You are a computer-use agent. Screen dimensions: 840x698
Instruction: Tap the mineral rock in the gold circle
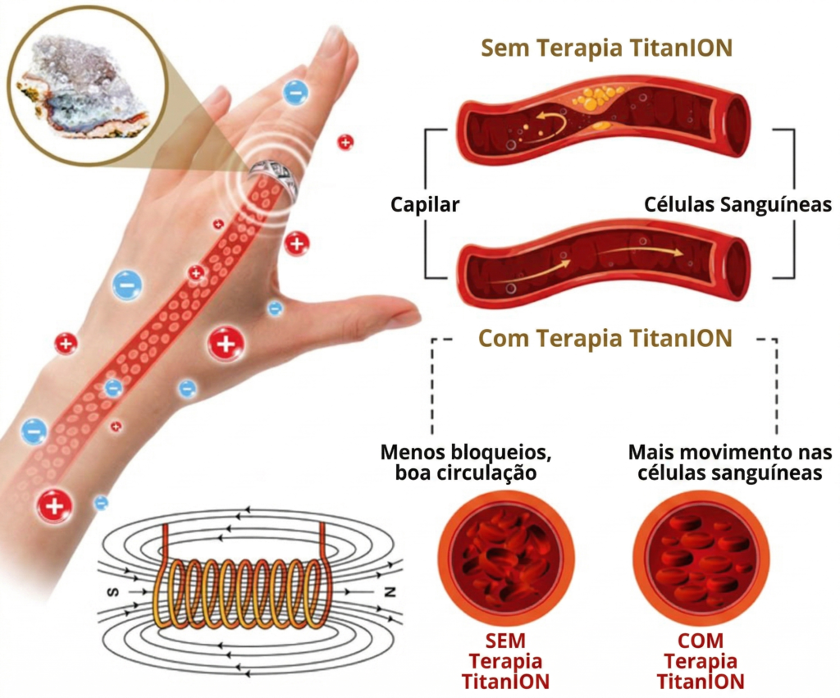click(80, 85)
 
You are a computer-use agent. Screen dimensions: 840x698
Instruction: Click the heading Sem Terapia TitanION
click(606, 48)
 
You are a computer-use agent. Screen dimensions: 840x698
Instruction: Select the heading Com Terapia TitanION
click(605, 339)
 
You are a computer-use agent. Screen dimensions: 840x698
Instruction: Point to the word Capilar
click(425, 204)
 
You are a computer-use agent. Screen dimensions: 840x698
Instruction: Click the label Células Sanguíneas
click(737, 204)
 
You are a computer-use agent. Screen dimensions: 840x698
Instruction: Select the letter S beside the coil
click(113, 592)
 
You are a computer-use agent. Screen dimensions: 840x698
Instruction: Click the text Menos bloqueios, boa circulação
click(466, 463)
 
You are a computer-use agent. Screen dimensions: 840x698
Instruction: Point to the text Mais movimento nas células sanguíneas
click(730, 463)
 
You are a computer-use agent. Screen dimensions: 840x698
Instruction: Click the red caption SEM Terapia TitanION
click(505, 661)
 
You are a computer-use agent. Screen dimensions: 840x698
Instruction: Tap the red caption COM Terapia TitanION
click(701, 661)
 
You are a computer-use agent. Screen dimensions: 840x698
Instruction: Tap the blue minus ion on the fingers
click(295, 93)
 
